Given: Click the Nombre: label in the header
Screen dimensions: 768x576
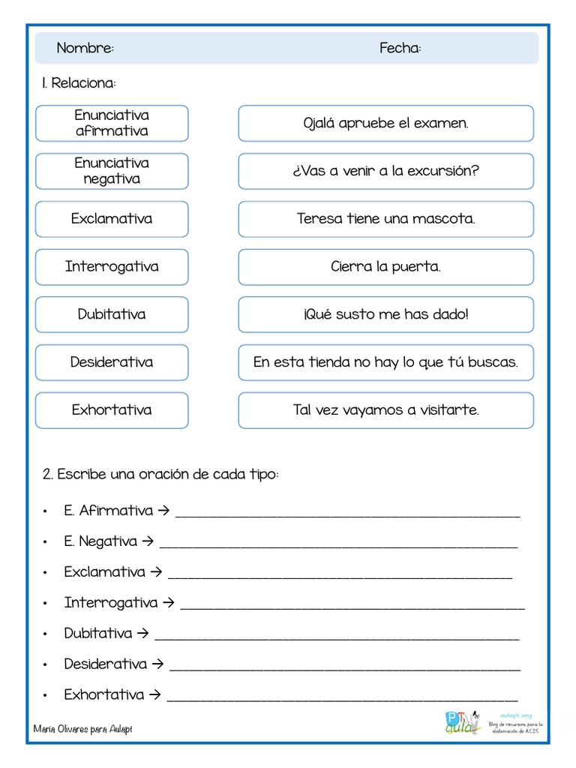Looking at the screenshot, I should click(85, 49).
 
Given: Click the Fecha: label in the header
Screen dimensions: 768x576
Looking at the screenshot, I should click(400, 49).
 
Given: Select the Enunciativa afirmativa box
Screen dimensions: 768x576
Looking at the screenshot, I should click(112, 123).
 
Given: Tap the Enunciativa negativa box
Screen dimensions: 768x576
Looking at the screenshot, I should click(112, 171).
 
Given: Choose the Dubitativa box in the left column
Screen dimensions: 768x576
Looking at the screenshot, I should click(112, 314).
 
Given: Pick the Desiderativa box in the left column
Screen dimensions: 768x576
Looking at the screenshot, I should click(112, 362).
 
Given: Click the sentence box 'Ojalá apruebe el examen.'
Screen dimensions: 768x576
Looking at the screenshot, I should click(385, 123).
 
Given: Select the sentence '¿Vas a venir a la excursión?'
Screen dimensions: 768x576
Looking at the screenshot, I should click(385, 171).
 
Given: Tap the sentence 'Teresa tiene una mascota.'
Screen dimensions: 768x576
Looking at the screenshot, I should click(385, 219).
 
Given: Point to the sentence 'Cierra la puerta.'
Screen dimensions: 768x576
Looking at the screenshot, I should click(385, 267).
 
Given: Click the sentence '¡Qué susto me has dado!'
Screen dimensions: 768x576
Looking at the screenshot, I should click(385, 314).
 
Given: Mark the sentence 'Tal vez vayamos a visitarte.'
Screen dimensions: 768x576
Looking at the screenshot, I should click(385, 410).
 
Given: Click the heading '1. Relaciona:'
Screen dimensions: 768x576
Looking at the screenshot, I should click(79, 82).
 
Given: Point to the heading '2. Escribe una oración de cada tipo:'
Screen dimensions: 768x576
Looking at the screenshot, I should click(160, 475).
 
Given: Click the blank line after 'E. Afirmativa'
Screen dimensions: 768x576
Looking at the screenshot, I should click(347, 514).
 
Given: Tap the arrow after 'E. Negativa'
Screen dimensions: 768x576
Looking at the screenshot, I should click(148, 541).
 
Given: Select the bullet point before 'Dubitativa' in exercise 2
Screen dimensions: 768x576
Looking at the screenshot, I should click(46, 634).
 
